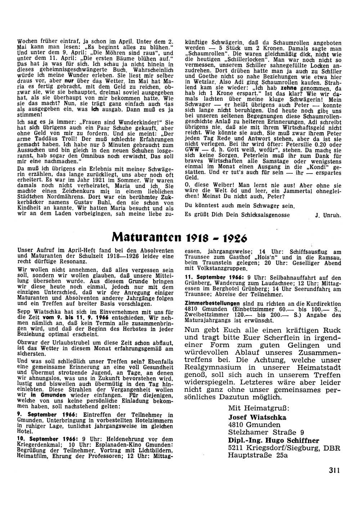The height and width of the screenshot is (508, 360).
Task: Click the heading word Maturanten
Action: click(x=147, y=238)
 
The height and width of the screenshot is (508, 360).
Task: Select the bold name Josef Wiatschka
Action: click(x=257, y=417)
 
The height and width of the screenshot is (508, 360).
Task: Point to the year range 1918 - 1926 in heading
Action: click(x=217, y=238)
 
